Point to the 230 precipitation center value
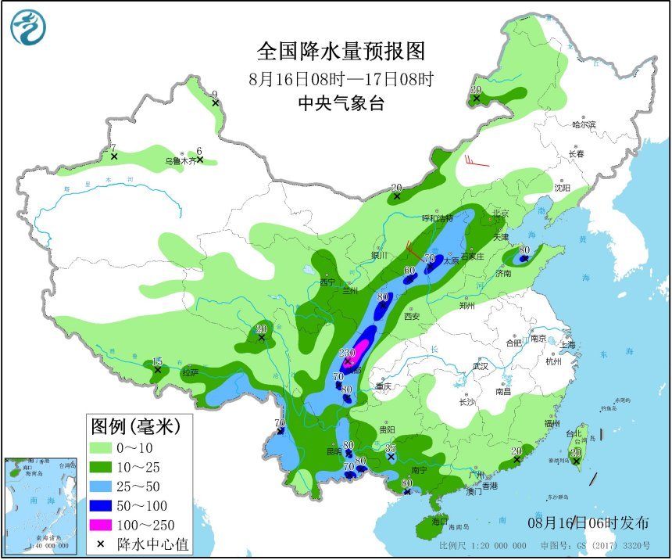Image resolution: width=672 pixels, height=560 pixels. (348, 353)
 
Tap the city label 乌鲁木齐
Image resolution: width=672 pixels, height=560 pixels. (178, 161)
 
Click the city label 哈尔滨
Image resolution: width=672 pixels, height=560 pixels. (583, 124)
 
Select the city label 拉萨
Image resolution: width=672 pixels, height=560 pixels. (190, 372)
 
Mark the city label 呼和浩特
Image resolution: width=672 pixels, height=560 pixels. (438, 218)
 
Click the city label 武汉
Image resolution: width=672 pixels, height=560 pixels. (479, 366)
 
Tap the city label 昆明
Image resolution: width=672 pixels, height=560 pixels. (334, 452)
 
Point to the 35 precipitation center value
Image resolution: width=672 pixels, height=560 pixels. (391, 448)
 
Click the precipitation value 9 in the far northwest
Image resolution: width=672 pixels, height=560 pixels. (215, 95)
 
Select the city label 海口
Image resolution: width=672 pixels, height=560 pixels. (440, 521)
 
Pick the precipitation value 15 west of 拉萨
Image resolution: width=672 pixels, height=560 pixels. (157, 361)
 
